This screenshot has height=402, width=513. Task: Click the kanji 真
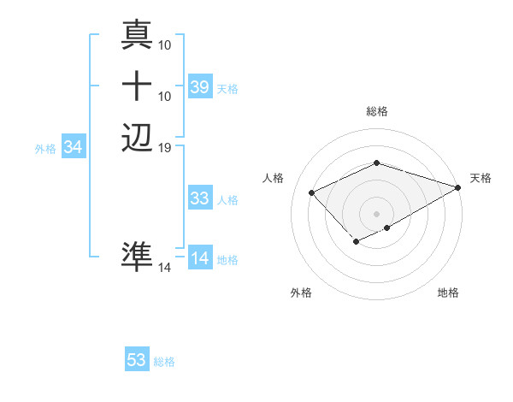(138, 37)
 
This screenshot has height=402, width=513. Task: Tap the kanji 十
(138, 86)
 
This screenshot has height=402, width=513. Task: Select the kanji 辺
(138, 136)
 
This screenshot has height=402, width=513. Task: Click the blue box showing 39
(199, 86)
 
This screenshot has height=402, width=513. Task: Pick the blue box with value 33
(199, 198)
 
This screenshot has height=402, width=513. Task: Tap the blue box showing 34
(74, 147)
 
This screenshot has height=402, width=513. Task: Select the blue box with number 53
(137, 360)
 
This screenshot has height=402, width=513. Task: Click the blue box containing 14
(199, 258)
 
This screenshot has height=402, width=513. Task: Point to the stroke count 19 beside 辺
(165, 147)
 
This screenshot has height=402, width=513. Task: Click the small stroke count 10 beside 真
(165, 43)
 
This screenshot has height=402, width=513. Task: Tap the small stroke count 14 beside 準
(165, 268)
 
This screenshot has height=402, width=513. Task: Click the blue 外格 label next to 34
(45, 148)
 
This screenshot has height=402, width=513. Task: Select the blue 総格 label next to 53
(164, 362)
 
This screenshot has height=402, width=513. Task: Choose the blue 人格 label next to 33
(227, 200)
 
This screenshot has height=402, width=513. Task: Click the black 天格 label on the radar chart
(481, 178)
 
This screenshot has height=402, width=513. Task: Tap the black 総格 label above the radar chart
(376, 111)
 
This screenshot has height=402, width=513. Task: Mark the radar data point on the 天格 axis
(458, 187)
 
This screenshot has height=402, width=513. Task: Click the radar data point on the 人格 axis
(312, 192)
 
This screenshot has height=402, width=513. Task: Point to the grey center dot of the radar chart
(376, 213)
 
